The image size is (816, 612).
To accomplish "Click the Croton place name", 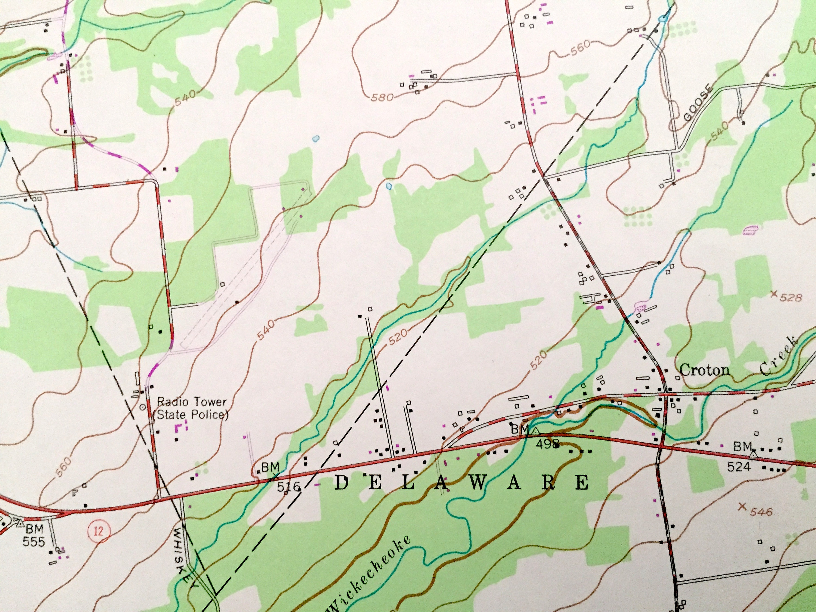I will point(704,370).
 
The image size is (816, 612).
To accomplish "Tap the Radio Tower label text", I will point(192,402).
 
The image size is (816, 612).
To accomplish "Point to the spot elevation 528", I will point(791,297).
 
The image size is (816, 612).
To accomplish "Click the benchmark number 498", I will point(548,444).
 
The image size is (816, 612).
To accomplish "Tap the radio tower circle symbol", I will point(142,407).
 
